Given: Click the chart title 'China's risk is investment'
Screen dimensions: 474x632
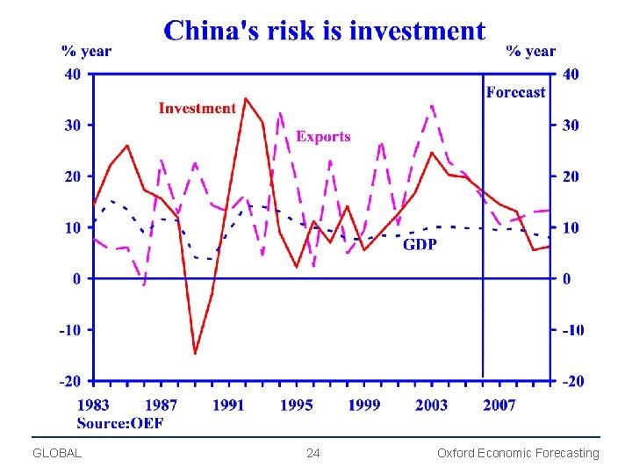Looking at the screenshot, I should tap(324, 32).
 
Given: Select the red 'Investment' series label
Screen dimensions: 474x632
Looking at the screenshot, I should tap(197, 108).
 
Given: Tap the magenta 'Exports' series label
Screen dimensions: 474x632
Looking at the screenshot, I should tap(323, 136).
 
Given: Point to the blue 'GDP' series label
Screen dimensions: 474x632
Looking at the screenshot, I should tap(420, 244).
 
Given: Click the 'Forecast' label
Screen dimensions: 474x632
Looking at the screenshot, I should tap(515, 92).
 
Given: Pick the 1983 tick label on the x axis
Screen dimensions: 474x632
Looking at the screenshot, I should tap(94, 405).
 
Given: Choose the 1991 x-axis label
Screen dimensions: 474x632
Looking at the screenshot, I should tap(228, 405).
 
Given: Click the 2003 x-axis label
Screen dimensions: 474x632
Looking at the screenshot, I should tap(431, 405).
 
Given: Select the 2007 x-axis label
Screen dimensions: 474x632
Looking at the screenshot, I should tap(499, 405).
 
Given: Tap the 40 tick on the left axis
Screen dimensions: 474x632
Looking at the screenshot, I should tap(72, 75).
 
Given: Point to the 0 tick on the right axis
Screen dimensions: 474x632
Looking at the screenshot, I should tap(567, 279).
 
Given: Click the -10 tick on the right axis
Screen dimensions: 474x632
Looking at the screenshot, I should tap(571, 330).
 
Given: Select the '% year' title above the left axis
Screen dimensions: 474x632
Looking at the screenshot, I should tap(86, 51).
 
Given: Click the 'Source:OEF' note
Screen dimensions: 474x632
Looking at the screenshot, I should tap(120, 423).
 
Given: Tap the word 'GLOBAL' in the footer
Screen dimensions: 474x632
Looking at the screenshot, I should tap(56, 454).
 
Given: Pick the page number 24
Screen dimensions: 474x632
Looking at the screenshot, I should tap(313, 454).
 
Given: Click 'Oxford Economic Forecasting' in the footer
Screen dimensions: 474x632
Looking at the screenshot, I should tap(518, 454).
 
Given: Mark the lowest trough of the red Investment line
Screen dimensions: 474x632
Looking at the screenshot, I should tap(195, 354).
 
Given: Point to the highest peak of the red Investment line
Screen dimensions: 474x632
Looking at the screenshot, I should tap(245, 98).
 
